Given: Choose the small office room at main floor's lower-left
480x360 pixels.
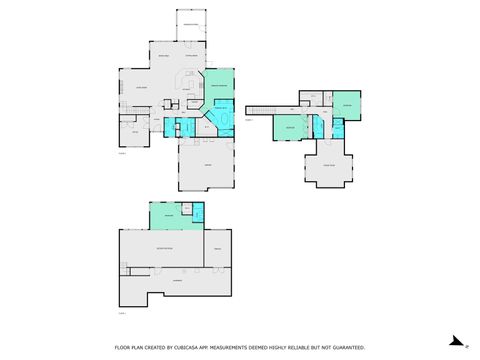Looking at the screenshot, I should pyautogui.click(x=130, y=132).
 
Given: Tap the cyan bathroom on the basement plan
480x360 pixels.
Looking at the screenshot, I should pyautogui.click(x=197, y=213).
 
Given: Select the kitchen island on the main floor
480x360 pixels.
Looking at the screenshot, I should pyautogui.click(x=190, y=80).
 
